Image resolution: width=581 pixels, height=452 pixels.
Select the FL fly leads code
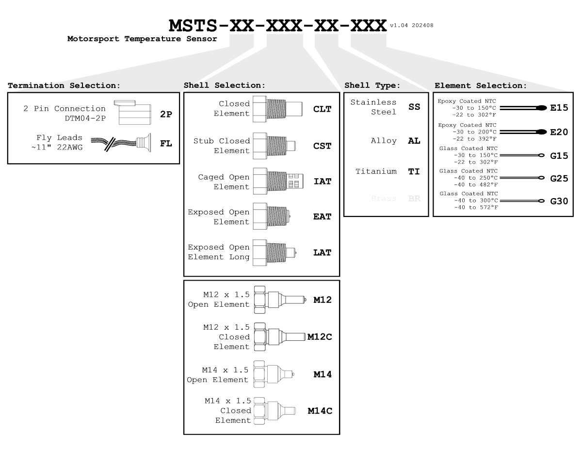click(165, 144)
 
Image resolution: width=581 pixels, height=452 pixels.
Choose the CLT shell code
click(322, 109)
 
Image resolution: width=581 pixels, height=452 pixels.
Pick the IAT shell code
click(322, 182)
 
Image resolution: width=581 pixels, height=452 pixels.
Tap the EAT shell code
click(322, 217)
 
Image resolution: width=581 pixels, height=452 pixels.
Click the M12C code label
click(320, 336)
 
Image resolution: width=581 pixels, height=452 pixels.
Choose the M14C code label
click(320, 411)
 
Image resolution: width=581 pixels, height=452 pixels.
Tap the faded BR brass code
click(414, 199)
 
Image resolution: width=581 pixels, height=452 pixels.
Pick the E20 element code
click(559, 132)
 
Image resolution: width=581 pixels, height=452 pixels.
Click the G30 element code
click(559, 201)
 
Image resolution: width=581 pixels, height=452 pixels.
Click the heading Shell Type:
click(371, 85)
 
